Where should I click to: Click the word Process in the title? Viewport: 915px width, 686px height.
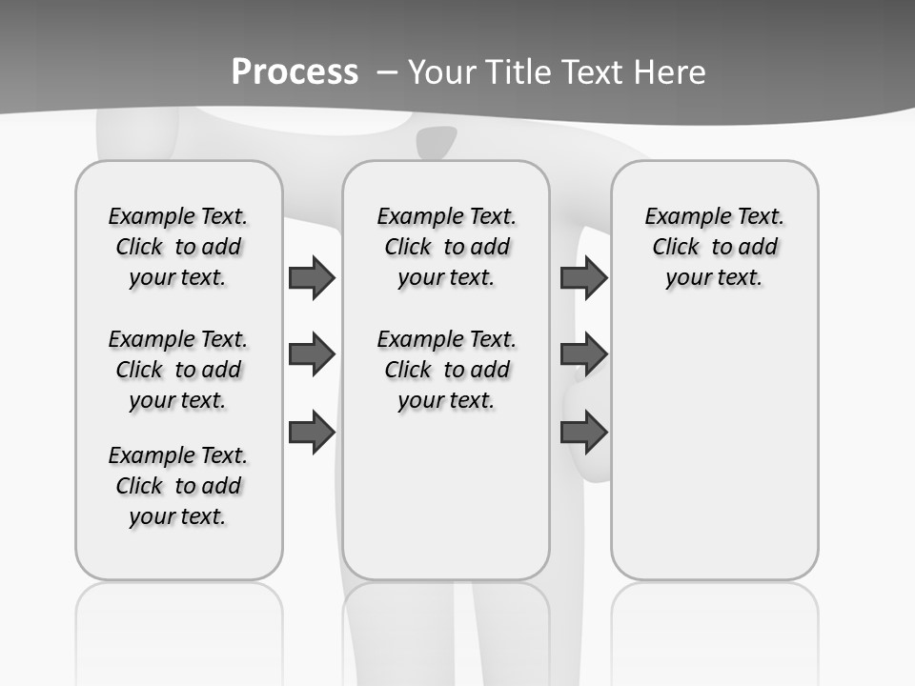(x=295, y=71)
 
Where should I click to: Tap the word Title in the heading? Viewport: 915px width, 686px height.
(x=521, y=71)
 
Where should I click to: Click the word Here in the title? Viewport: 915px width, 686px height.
(x=671, y=71)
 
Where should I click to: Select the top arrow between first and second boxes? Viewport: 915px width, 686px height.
(x=312, y=278)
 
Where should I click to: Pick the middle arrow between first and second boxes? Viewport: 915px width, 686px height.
(x=312, y=354)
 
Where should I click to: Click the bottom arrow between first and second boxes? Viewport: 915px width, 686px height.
(x=312, y=432)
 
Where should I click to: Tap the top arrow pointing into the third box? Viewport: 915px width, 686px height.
(x=583, y=278)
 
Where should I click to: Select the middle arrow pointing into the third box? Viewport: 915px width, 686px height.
(x=583, y=354)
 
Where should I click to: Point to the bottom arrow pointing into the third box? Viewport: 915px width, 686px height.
(x=583, y=432)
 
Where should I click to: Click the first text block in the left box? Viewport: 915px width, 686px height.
(x=178, y=247)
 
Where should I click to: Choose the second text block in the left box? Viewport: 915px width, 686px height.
(x=178, y=370)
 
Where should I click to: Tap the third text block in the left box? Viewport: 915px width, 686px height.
(x=178, y=486)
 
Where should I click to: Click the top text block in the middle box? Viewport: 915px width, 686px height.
(x=447, y=247)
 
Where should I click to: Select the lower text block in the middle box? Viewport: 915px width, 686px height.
(x=447, y=370)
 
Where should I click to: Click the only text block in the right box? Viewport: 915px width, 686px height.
(x=715, y=247)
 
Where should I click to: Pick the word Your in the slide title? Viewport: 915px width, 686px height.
(x=444, y=71)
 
